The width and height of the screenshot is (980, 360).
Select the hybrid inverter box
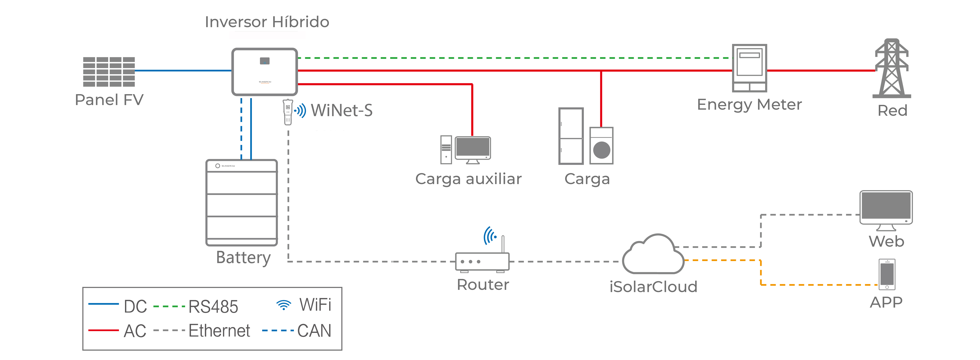[x=264, y=72]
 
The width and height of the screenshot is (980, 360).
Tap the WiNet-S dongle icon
[x=288, y=112]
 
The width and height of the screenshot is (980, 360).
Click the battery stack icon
[x=241, y=203]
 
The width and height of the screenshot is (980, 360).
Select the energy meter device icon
[x=749, y=68]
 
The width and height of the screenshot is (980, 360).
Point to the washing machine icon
[x=602, y=146]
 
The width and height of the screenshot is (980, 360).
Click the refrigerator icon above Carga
[x=571, y=136]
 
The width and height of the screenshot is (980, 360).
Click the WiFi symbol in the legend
[x=283, y=305]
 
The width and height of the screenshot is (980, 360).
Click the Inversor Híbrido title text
[x=267, y=22]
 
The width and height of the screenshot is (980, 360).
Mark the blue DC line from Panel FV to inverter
[x=183, y=70]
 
